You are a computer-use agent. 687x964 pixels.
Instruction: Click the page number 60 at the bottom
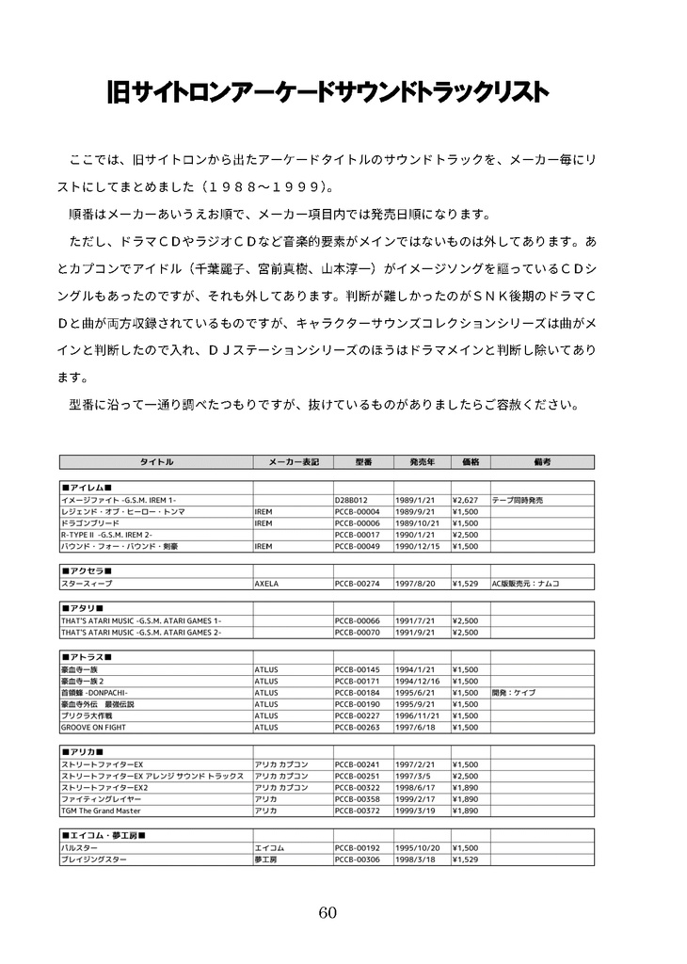click(x=328, y=912)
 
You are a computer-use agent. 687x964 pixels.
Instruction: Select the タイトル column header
click(x=156, y=462)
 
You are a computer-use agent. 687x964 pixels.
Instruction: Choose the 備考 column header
click(x=541, y=462)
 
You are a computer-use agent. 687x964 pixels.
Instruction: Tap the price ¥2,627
click(x=466, y=500)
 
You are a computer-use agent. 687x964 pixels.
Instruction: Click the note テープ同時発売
click(x=518, y=500)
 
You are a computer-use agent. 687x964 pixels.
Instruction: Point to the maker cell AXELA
click(x=266, y=584)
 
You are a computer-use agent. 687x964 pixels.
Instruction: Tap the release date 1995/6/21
click(x=414, y=692)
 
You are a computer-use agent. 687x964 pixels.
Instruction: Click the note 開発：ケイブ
click(x=513, y=692)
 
